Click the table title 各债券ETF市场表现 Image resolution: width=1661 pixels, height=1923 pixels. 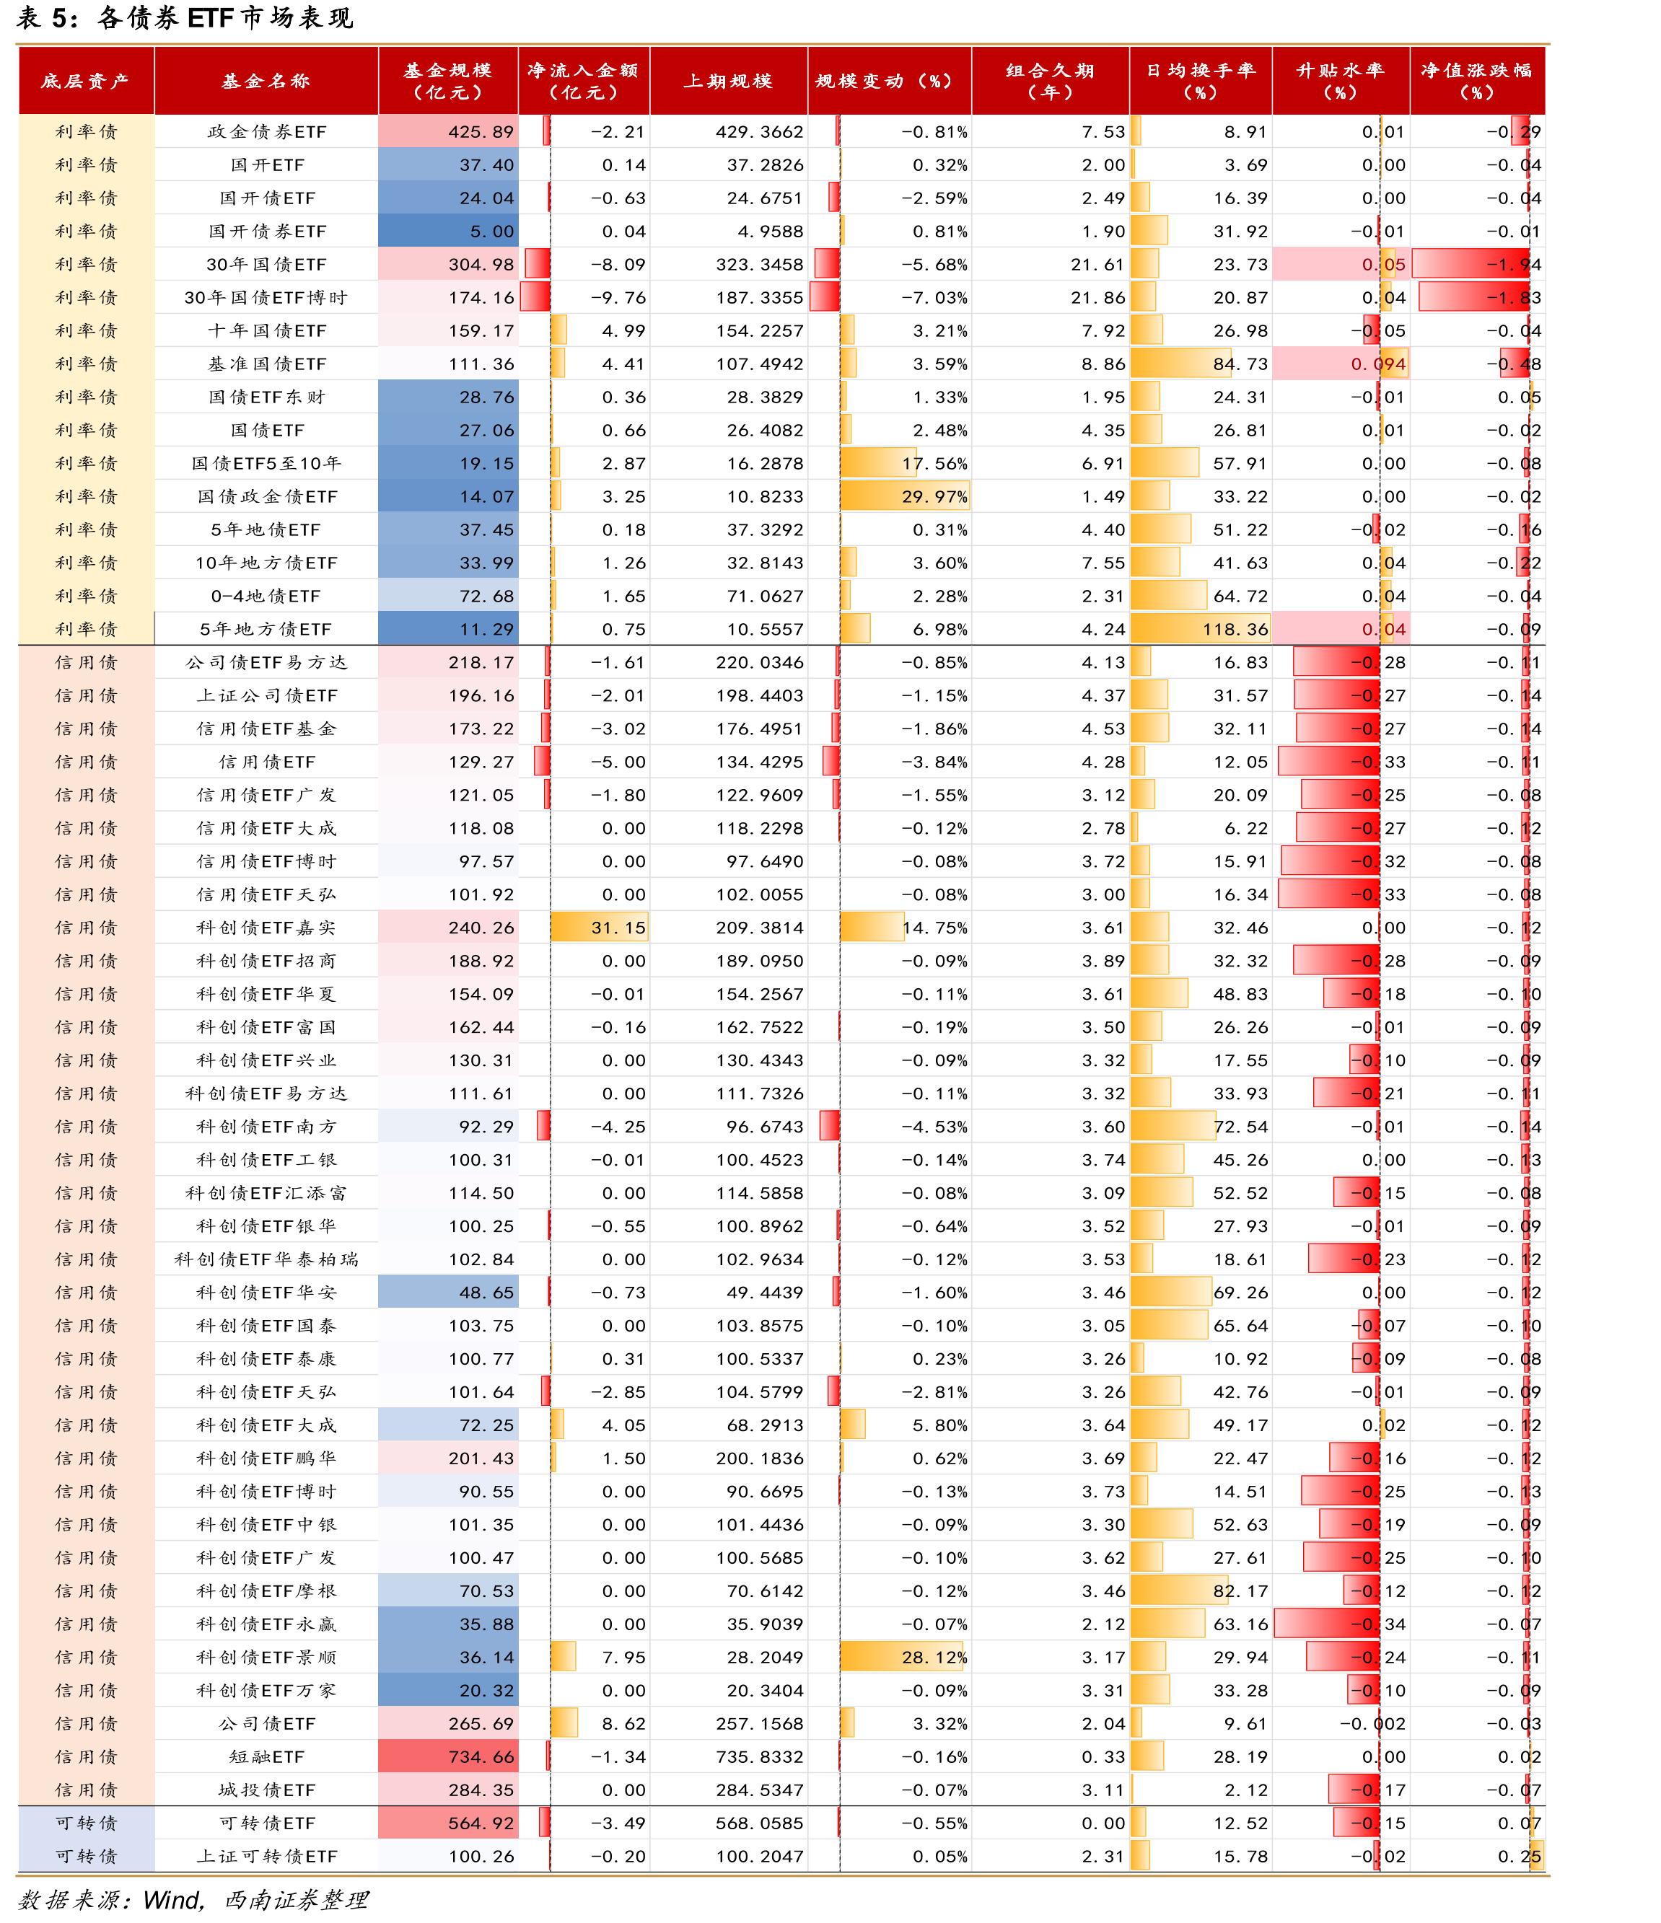tap(226, 17)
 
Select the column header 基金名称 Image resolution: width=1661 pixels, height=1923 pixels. tap(266, 81)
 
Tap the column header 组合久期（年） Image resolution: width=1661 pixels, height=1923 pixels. tap(1050, 81)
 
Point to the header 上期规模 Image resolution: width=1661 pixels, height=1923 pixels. tap(728, 81)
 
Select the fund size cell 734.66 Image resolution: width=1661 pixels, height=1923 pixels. tap(481, 1757)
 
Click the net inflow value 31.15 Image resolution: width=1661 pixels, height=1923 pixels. tap(618, 927)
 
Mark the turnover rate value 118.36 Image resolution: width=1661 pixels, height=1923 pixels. tap(1235, 629)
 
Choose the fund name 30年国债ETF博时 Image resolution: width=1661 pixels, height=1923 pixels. tap(266, 298)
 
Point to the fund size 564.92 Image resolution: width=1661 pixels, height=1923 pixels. tap(481, 1823)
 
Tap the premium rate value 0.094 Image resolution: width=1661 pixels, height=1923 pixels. tap(1378, 364)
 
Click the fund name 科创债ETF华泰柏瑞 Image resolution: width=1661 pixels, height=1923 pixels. tap(266, 1259)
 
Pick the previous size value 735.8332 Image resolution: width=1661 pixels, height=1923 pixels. tap(760, 1757)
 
